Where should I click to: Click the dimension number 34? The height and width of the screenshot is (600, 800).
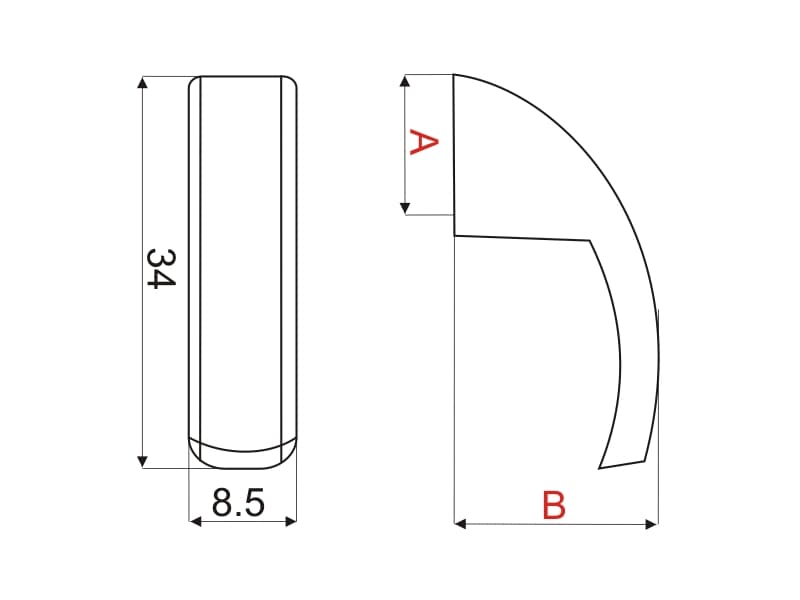coord(161,269)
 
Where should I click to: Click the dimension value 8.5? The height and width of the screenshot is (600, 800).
coord(238,503)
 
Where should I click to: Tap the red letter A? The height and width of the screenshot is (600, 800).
coord(423,142)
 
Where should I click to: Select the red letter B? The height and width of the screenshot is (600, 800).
coord(554,505)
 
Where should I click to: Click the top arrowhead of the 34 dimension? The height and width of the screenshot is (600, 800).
coord(143,82)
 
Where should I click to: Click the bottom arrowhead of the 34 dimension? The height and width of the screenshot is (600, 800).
coord(143,462)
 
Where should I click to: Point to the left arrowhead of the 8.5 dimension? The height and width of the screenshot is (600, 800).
coord(195,521)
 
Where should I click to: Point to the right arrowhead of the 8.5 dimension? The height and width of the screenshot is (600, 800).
coord(291,521)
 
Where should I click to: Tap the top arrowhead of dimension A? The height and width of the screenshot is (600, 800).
coord(405,81)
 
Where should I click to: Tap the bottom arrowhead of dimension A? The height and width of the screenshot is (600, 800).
coord(405,208)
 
